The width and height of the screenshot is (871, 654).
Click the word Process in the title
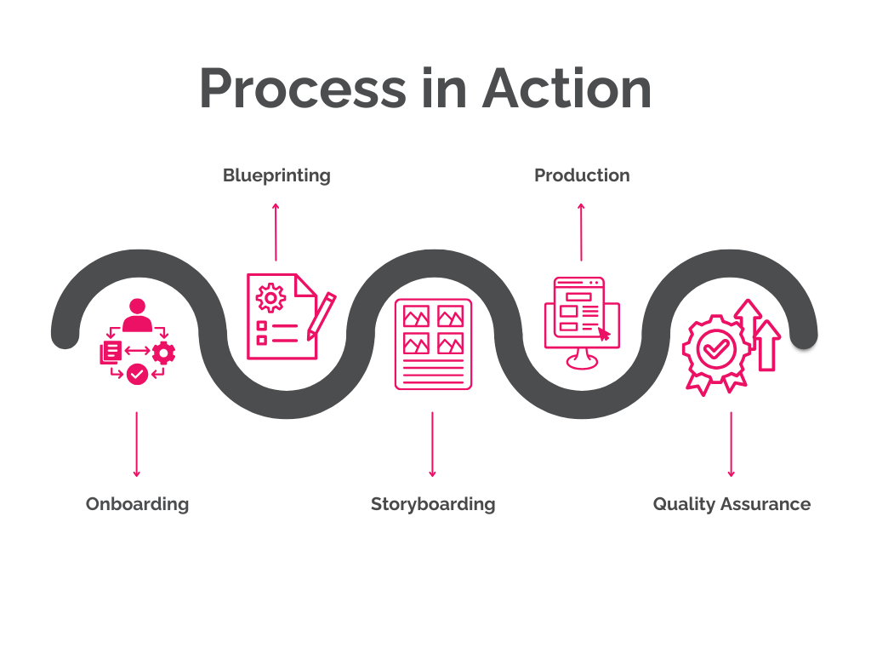(303, 89)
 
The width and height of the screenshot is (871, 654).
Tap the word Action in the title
(567, 89)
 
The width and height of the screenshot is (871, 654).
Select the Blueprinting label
(276, 175)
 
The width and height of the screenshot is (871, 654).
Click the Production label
(582, 175)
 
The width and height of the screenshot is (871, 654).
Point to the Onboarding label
(137, 504)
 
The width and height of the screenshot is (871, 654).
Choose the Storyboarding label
(433, 504)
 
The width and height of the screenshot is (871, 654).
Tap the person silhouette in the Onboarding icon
(136, 314)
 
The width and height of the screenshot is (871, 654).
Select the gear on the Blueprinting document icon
(271, 297)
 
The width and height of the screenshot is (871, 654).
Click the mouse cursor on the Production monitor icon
(604, 334)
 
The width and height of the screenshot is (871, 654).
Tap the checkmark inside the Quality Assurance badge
(714, 347)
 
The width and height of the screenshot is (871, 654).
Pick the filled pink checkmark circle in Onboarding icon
(136, 373)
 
